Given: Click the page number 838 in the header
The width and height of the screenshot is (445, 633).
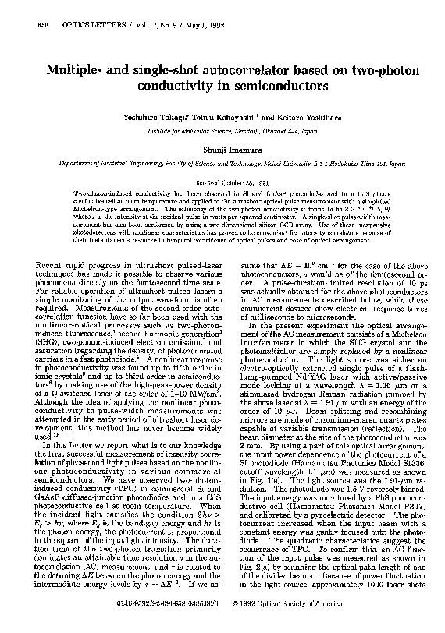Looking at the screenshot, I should tap(21, 7).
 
